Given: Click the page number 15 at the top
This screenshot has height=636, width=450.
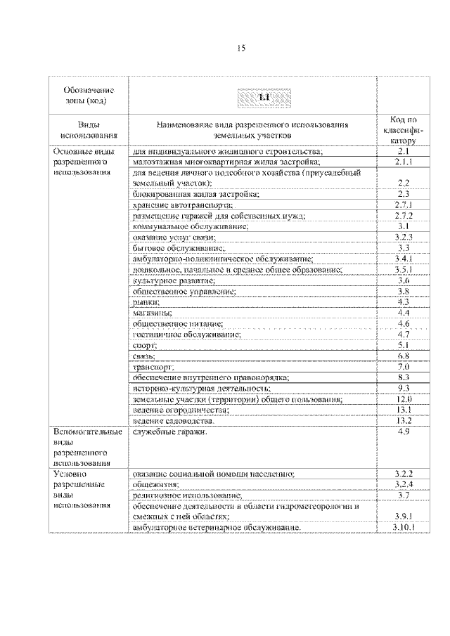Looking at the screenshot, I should point(240,48).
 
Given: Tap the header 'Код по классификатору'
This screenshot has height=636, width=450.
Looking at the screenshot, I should point(403,130).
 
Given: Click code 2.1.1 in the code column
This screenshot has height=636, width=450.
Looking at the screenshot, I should point(403,162).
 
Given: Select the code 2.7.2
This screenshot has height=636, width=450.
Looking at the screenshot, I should point(403,215).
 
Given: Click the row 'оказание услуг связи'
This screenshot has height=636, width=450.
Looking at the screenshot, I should point(166,238).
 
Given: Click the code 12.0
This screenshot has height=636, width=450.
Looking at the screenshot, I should point(403,398).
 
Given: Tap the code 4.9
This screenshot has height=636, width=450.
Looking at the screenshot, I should point(403,431).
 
